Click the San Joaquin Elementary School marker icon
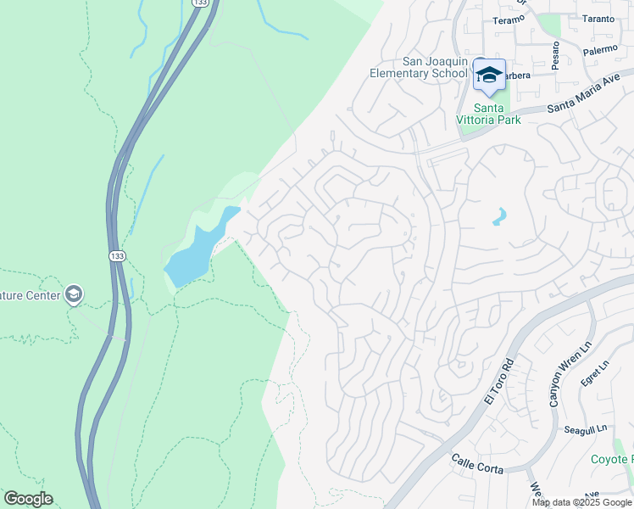click(489, 76)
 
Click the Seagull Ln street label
click(585, 430)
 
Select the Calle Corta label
click(477, 465)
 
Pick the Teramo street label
click(509, 20)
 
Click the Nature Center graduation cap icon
click(74, 294)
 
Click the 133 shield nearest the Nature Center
click(116, 255)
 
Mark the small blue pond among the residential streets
click(499, 217)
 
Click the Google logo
click(28, 499)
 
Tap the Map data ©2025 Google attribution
click(582, 502)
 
